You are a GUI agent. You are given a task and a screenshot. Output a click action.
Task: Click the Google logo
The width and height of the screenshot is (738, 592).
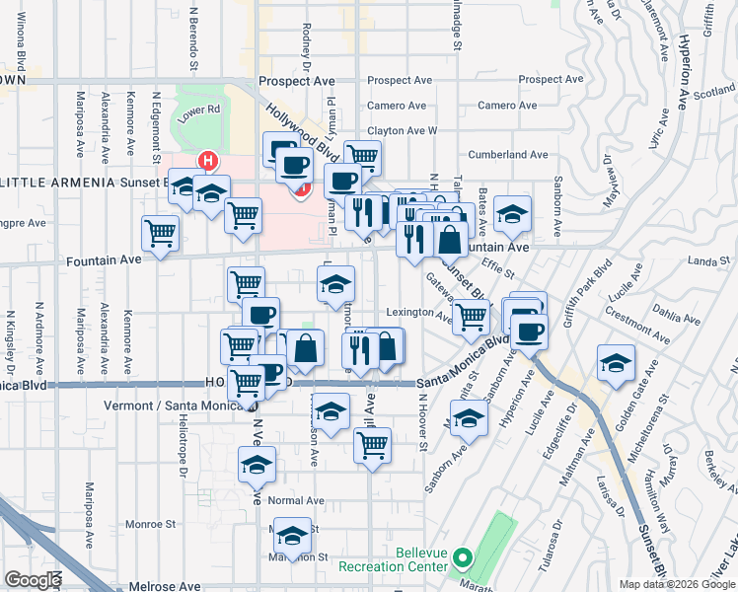(x=33, y=579)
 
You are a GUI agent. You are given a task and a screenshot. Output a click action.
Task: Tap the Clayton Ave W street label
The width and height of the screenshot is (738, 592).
(x=402, y=130)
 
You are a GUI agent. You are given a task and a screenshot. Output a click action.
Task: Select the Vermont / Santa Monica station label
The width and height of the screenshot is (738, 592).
(x=175, y=406)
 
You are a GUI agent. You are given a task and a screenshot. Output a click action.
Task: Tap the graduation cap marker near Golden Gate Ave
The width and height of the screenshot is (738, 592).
(x=616, y=363)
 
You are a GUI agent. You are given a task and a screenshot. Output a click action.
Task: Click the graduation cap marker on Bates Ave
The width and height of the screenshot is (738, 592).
(x=512, y=212)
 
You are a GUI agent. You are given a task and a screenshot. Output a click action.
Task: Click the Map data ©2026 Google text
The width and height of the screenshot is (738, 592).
(x=677, y=584)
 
